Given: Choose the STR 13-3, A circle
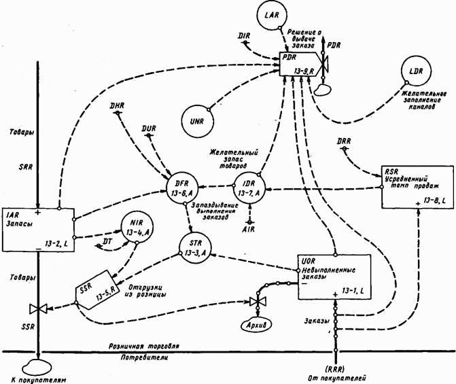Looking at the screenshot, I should pyautogui.click(x=196, y=249).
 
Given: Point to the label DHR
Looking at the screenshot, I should pyautogui.click(x=117, y=106).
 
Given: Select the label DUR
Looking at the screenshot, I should pyautogui.click(x=149, y=127).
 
